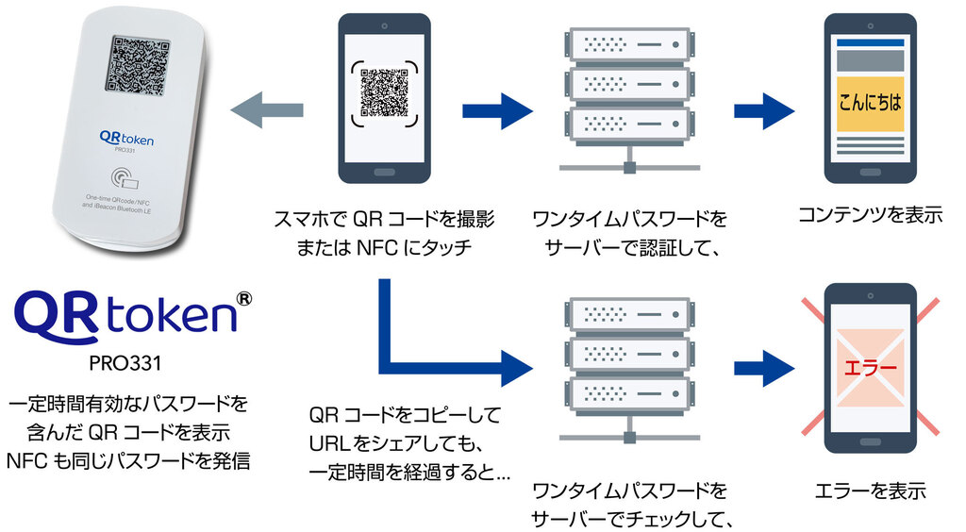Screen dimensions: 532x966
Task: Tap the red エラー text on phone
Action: (x=870, y=364)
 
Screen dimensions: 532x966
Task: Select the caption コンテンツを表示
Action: (x=870, y=214)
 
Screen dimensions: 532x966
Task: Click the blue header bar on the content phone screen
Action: (x=870, y=43)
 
